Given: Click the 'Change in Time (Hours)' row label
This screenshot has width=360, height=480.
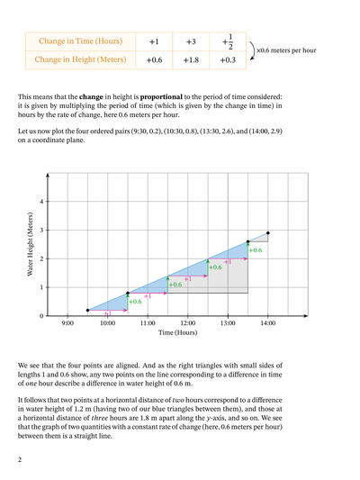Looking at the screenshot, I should tap(78, 42).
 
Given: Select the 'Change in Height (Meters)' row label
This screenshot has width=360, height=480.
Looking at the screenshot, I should tap(78, 60).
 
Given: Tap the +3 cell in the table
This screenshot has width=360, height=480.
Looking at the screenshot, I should tap(190, 42).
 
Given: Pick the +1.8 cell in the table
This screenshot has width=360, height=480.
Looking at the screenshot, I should tap(190, 60).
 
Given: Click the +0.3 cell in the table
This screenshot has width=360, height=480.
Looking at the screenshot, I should tap(228, 60).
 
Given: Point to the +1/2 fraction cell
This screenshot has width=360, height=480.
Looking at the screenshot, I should tap(228, 41).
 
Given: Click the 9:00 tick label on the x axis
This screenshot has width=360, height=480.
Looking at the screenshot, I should tap(67, 322).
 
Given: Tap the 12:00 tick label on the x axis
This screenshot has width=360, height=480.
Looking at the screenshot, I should tap(187, 322).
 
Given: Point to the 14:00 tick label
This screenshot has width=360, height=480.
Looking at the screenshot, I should tap(267, 322).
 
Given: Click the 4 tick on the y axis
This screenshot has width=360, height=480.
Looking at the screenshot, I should tap(40, 201).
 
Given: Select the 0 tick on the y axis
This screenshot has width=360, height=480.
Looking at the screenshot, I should tap(40, 316).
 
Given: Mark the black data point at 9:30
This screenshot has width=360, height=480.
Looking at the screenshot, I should tap(87, 310).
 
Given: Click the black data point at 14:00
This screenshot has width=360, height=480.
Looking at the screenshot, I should tap(267, 232).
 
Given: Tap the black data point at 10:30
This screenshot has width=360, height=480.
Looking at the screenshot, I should tap(127, 293).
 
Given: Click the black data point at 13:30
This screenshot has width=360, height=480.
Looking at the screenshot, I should tap(247, 241).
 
